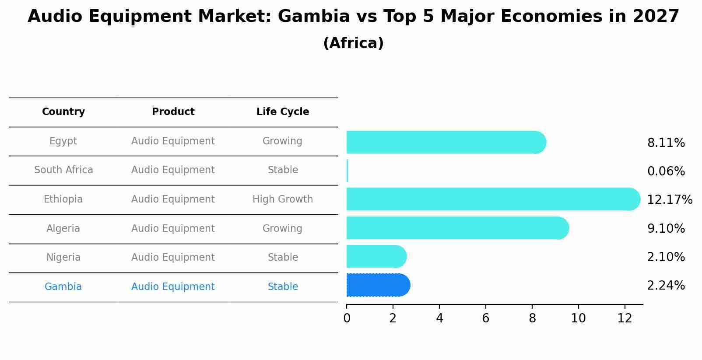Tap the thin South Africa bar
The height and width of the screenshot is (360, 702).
pyautogui.click(x=347, y=171)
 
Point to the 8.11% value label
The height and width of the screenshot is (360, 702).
pyautogui.click(x=666, y=143)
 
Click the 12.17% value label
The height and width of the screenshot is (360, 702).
pyautogui.click(x=669, y=200)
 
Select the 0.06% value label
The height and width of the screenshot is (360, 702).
pyautogui.click(x=666, y=171)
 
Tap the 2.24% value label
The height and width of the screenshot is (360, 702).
pyautogui.click(x=666, y=286)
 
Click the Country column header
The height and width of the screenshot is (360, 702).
pyautogui.click(x=63, y=112)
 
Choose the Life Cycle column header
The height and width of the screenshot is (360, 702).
pyautogui.click(x=283, y=112)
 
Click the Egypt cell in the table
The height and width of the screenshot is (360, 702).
pyautogui.click(x=63, y=141)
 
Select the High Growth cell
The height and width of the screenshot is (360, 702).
pyautogui.click(x=283, y=199)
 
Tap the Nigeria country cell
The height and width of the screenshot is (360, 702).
pyautogui.click(x=63, y=258)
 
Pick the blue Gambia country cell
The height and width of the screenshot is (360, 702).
pyautogui.click(x=63, y=287)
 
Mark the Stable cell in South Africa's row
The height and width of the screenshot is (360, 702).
pyautogui.click(x=283, y=170)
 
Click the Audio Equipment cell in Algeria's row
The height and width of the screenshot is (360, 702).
pyautogui.click(x=173, y=229)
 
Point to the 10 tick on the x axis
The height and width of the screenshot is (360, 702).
pyautogui.click(x=578, y=318)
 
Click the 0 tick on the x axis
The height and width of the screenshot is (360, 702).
pyautogui.click(x=347, y=318)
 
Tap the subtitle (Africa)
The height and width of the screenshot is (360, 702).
pyautogui.click(x=353, y=43)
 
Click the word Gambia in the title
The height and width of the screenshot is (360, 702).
pyautogui.click(x=313, y=17)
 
